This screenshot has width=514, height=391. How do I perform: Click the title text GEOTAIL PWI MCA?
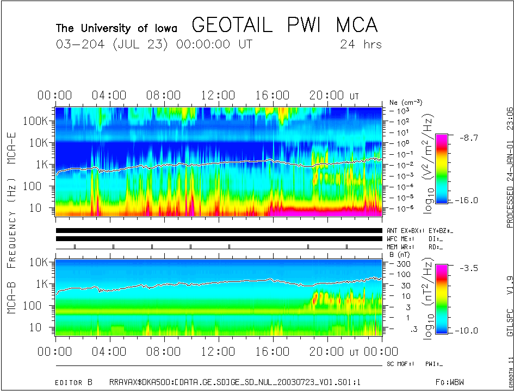(284, 25)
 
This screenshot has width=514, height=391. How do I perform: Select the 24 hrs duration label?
(361, 45)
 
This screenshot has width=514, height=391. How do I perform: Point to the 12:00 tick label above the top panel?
(218, 96)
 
